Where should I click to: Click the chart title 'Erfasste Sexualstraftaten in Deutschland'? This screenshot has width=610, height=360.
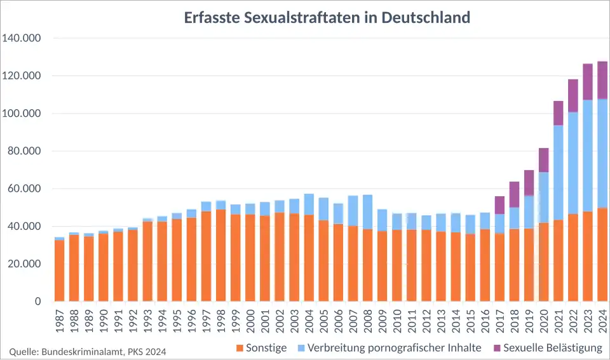327,17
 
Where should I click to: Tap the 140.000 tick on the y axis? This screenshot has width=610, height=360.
21,38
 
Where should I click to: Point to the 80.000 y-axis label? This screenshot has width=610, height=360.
24,151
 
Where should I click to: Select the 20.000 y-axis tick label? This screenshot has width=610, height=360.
24,264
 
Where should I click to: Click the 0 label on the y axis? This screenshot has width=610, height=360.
38,302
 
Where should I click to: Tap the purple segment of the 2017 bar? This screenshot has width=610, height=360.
500,205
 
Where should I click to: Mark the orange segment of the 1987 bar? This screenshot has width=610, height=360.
60,270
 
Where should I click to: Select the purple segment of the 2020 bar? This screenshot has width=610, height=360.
544,160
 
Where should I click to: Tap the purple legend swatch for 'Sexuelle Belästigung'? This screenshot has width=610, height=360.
497,348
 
